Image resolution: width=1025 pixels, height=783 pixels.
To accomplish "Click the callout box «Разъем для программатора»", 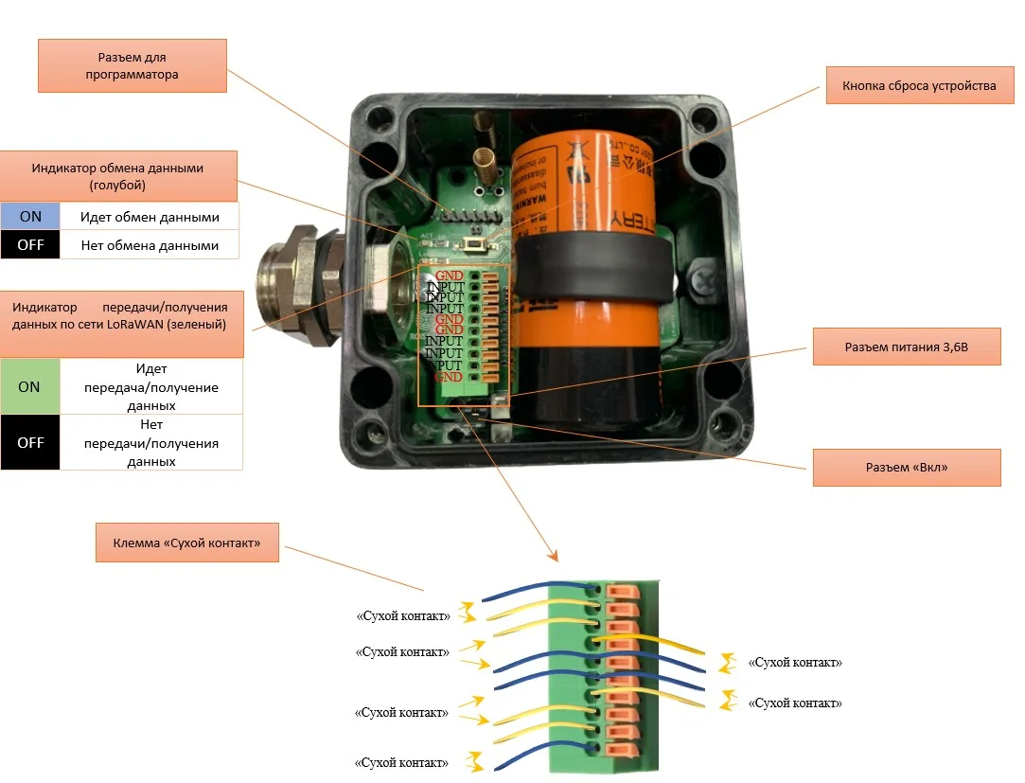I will click(133, 65).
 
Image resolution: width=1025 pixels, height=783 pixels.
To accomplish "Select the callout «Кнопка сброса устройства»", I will click(912, 85).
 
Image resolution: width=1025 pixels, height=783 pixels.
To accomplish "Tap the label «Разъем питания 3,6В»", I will click(906, 347).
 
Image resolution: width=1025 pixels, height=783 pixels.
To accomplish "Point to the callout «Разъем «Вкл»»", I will click(906, 468).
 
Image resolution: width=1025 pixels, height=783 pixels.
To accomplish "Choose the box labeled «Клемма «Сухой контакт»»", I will click(186, 543).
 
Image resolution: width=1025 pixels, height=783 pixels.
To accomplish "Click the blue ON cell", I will click(30, 217).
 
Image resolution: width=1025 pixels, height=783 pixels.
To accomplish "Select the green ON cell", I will click(30, 387).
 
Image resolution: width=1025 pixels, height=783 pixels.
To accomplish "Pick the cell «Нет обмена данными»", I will click(150, 246).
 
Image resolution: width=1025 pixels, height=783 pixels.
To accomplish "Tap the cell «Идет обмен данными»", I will click(150, 217).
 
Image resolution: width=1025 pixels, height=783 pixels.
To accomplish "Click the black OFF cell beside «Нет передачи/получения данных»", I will click(30, 442).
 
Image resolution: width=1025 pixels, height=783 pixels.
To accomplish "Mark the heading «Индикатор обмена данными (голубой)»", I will click(117, 175).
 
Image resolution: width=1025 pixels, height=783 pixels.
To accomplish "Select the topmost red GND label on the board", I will click(450, 276).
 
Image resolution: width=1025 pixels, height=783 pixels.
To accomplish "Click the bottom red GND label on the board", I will click(450, 377).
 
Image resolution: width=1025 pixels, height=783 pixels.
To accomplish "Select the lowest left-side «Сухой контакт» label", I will click(402, 762).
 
